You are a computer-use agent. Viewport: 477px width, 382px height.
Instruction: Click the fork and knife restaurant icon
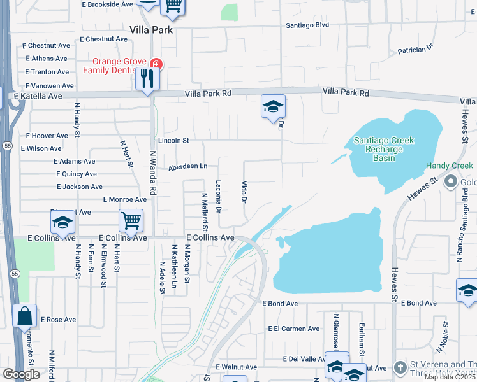point(148,79)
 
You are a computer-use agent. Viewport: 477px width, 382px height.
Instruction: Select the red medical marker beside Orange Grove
point(156,64)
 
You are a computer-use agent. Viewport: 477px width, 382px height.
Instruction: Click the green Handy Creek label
point(450,166)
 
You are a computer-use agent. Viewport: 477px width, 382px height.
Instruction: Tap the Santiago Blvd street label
point(307,25)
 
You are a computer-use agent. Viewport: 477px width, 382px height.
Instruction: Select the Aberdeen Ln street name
point(188,167)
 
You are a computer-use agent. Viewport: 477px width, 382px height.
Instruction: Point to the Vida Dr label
point(244,192)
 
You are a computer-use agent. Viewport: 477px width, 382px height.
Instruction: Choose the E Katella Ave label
point(38,96)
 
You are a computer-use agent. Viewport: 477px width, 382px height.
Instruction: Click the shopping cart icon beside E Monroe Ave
point(131,221)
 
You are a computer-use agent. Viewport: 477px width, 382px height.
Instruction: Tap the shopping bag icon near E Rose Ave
point(24,315)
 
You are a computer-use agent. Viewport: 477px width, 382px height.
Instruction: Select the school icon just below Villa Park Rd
point(273,107)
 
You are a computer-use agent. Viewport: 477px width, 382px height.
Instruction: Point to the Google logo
point(21,374)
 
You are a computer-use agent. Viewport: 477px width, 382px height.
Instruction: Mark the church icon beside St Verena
point(400,367)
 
